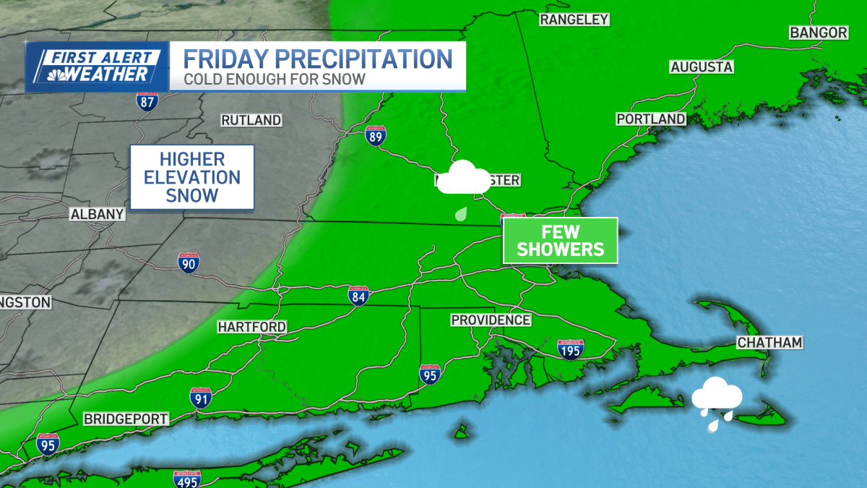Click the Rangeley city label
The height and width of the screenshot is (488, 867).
(x=574, y=20)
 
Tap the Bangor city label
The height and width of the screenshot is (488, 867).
(x=818, y=33)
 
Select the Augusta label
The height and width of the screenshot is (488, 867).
(x=702, y=67)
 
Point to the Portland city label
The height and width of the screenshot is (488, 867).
(x=650, y=119)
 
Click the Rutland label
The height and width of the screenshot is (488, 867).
(x=251, y=120)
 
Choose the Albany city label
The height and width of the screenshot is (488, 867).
(x=97, y=214)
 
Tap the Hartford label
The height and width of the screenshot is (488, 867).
(x=251, y=328)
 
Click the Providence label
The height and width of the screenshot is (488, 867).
(x=491, y=320)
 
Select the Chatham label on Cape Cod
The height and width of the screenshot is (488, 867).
(x=769, y=343)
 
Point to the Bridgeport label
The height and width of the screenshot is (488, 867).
(x=126, y=419)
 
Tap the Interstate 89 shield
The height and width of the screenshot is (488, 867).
(x=375, y=137)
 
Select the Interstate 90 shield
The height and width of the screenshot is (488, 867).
(x=189, y=263)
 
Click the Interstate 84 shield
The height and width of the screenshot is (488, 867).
(x=358, y=295)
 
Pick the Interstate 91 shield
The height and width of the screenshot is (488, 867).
(x=201, y=398)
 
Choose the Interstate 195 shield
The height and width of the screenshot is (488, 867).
(x=570, y=349)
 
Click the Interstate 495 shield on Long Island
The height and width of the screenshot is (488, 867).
(x=187, y=479)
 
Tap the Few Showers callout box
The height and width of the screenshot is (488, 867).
(x=561, y=241)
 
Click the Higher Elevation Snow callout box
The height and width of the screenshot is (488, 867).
(x=191, y=177)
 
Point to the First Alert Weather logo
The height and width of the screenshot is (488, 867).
(x=97, y=67)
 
